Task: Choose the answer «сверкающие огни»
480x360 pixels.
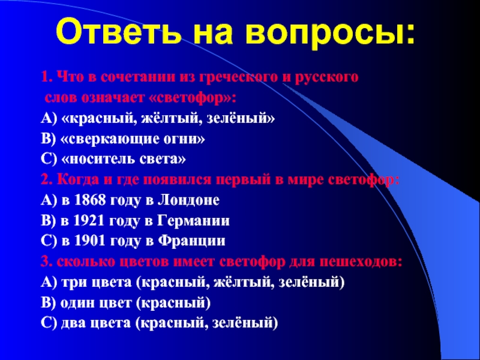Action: click(133, 139)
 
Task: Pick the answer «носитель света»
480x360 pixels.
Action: click(124, 160)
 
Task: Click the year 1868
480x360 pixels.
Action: click(90, 200)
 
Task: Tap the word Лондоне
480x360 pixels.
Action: click(189, 200)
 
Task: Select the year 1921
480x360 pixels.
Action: click(89, 221)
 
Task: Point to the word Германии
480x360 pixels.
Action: click(193, 221)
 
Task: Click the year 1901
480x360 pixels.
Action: click(90, 241)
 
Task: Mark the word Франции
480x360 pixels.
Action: click(191, 241)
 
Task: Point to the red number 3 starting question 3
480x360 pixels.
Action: click(45, 262)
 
